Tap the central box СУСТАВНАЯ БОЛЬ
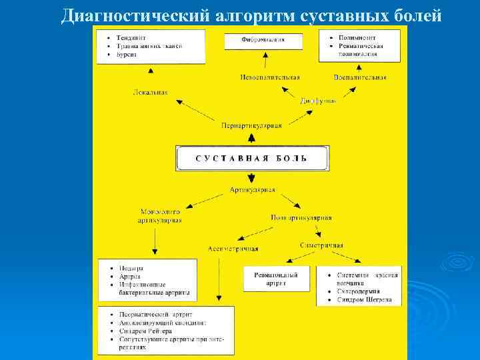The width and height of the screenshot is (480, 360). (x=251, y=158)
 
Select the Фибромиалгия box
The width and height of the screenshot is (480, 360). (x=263, y=40)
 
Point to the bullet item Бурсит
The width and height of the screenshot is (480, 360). (x=126, y=54)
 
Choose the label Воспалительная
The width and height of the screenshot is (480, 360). (x=360, y=77)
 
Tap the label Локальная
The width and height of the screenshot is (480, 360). (x=150, y=91)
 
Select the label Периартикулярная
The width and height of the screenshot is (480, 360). (x=251, y=125)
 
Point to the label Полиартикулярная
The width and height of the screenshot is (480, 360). (x=301, y=217)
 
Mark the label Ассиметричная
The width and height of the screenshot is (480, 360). (x=233, y=249)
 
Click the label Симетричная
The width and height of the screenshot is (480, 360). (x=321, y=245)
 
